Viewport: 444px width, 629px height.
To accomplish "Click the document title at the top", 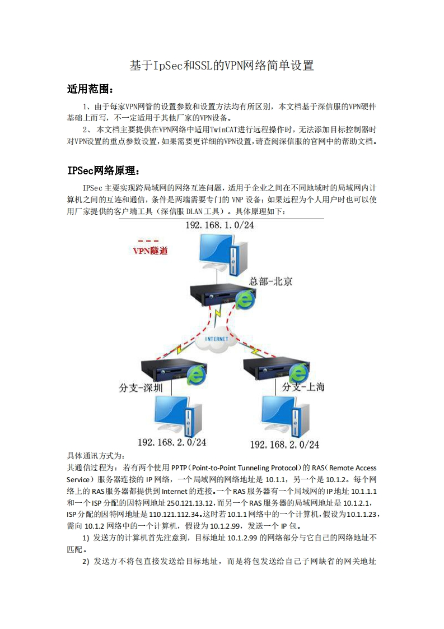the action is (222, 66).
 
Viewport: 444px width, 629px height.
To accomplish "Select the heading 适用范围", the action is (90, 89).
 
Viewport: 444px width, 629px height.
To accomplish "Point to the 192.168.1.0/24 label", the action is (219, 225).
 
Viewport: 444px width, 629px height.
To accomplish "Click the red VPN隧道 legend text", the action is (150, 251).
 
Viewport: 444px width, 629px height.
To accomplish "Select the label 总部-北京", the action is (270, 281).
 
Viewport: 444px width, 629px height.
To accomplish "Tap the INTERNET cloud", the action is (217, 339).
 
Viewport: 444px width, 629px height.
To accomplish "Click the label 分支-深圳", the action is (141, 387).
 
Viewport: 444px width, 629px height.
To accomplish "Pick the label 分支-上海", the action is (303, 387).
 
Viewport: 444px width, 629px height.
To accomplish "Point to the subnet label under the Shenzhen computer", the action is (172, 442).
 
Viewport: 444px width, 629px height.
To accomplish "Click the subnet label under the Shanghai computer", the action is (284, 445).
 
